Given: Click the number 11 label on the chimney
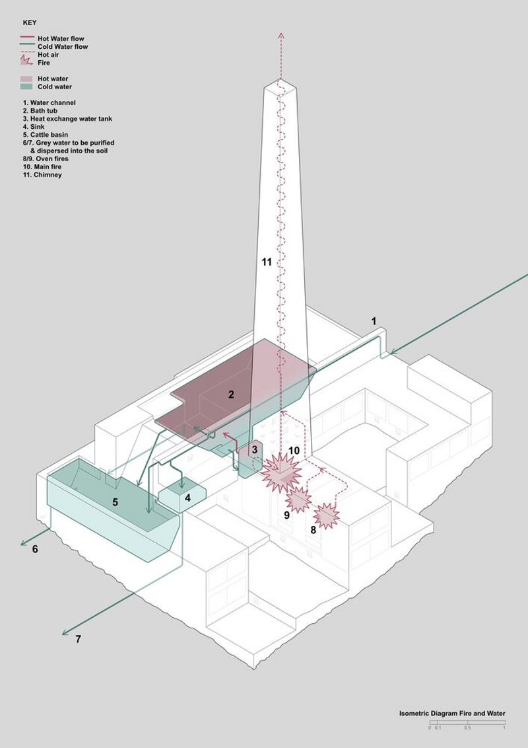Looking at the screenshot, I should coord(266,262).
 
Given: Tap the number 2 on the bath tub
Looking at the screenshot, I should coord(231,395).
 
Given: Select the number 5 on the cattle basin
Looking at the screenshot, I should coord(115,502).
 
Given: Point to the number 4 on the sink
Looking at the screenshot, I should coord(187,497).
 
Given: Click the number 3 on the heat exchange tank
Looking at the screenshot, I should coord(253,450).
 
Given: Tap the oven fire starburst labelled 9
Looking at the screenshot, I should coord(298,500).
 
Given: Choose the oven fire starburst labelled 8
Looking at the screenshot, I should coord(327,515).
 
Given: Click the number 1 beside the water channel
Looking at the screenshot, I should coord(373,321).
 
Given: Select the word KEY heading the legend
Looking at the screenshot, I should coord(30,22).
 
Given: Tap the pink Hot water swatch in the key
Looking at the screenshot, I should coord(27,79).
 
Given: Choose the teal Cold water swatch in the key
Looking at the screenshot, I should coord(27,87).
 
